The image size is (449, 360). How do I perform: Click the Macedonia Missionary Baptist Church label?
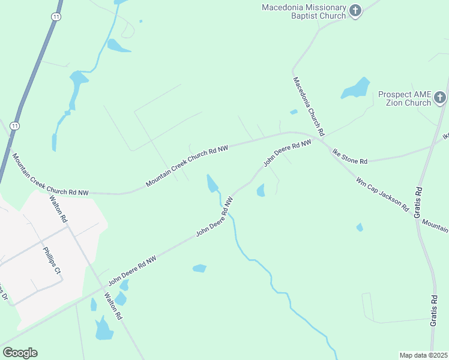[304, 11]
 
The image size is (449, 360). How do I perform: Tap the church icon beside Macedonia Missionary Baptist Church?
[355, 10]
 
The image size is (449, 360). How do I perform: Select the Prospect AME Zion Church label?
[405, 98]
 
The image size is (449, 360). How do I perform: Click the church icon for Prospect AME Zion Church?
[440, 97]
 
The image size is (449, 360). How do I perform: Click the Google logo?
[20, 352]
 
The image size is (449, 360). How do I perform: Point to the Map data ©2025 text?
[424, 355]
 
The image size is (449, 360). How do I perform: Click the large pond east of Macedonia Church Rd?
[356, 89]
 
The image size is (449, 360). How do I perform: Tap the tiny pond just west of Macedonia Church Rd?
[294, 112]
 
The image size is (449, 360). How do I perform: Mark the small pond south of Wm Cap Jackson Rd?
[359, 227]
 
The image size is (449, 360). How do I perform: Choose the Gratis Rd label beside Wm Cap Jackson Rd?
[418, 201]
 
